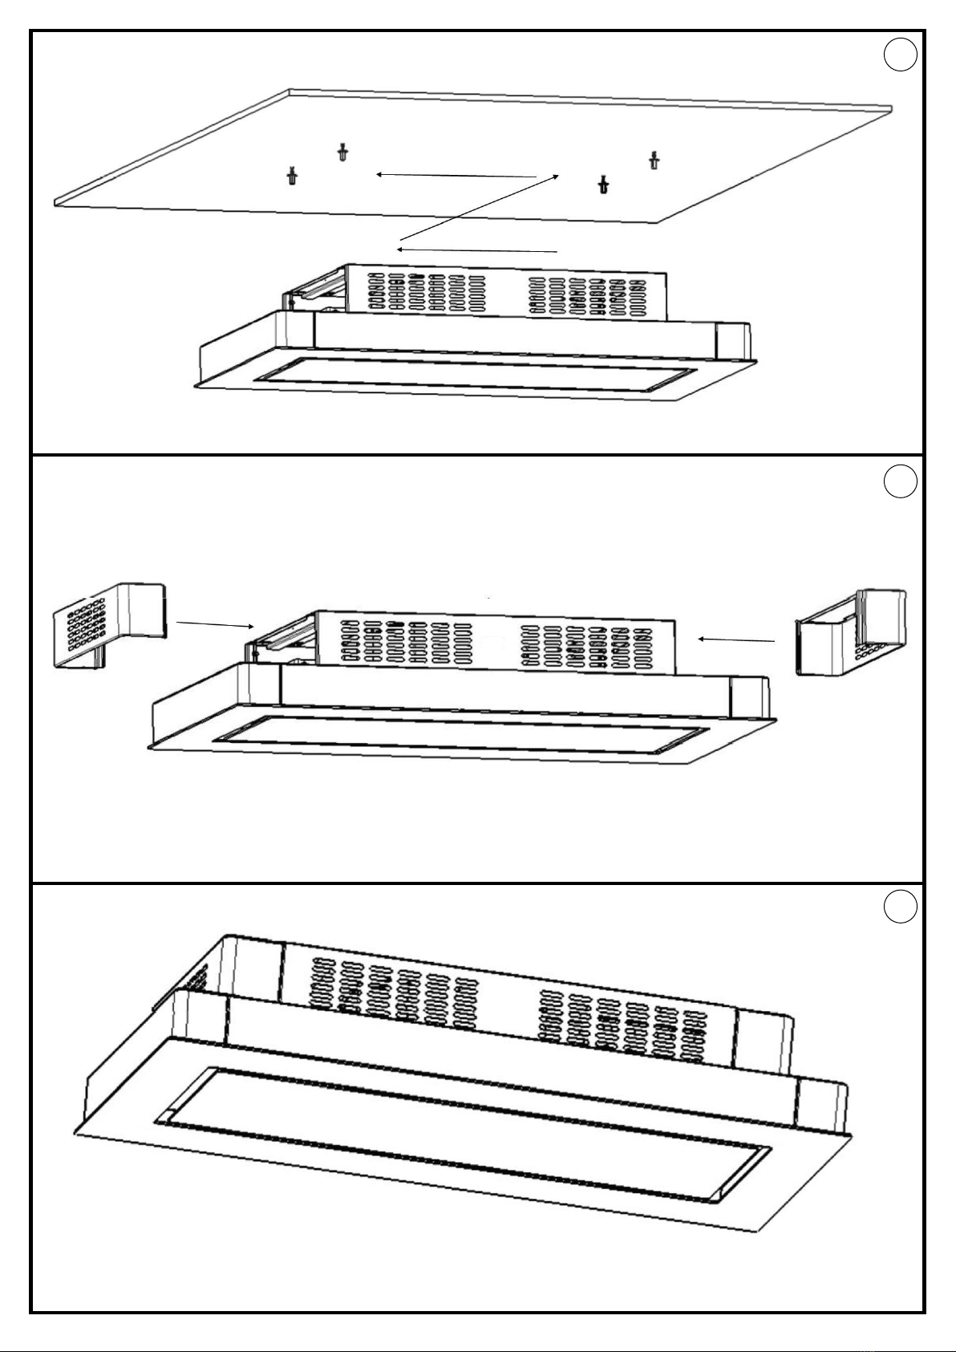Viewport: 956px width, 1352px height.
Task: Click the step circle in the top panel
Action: tap(901, 55)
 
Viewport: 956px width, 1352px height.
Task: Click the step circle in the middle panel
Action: tap(901, 481)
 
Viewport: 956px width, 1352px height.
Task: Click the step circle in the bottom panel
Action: tap(901, 907)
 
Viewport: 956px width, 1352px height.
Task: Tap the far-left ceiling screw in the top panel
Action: tap(292, 175)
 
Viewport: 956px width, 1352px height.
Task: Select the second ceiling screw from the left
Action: tap(343, 152)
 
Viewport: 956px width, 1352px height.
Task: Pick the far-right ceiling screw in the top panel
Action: tap(654, 160)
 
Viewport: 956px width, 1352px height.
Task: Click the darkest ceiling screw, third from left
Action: tap(603, 185)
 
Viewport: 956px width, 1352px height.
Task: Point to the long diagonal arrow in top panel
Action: tap(479, 208)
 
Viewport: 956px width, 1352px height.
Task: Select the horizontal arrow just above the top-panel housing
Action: tap(477, 250)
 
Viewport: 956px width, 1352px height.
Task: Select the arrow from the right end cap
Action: tap(736, 639)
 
